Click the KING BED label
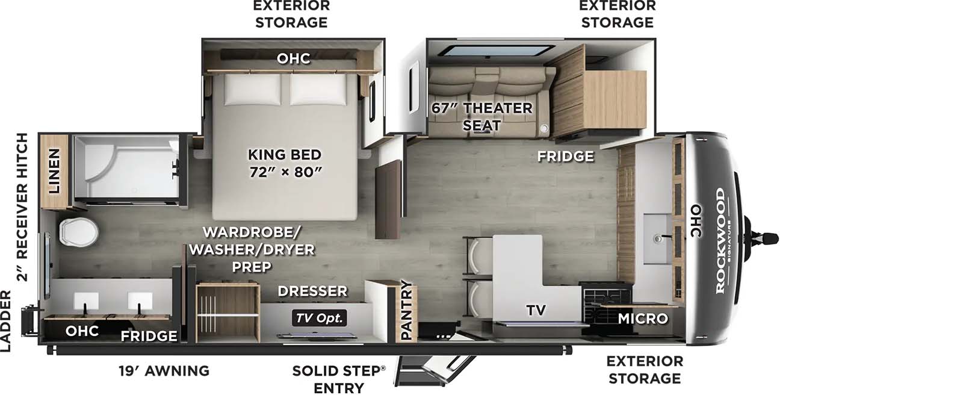click(x=285, y=155)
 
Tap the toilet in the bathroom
click(x=79, y=232)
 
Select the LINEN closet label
click(x=54, y=171)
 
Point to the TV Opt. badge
click(x=319, y=318)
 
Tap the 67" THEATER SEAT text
click(x=482, y=117)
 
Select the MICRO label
click(x=643, y=319)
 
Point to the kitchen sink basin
click(x=657, y=239)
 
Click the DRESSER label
click(x=312, y=291)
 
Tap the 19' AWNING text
click(x=164, y=371)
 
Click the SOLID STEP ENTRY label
click(x=339, y=379)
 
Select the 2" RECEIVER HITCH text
click(x=22, y=207)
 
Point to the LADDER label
click(x=5, y=321)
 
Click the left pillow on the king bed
click(x=252, y=90)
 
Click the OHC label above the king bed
click(x=294, y=58)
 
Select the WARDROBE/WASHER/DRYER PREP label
click(x=252, y=249)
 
